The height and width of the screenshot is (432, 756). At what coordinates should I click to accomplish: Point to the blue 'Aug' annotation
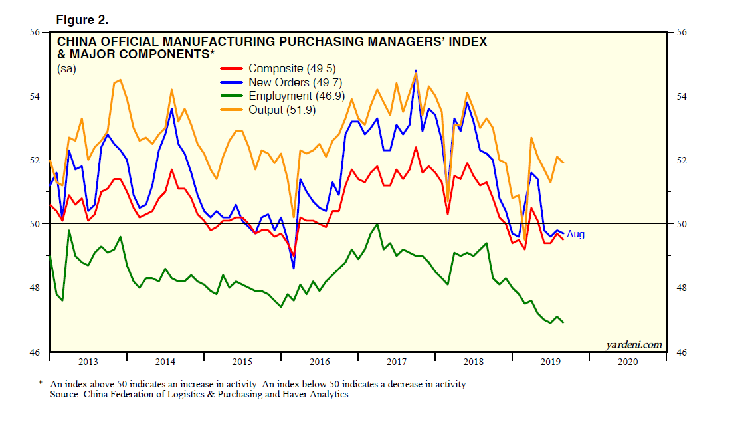[x=575, y=235]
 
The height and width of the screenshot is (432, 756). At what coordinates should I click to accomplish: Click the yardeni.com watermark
[x=634, y=344]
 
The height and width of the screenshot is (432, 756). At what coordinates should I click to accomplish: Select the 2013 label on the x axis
[x=88, y=362]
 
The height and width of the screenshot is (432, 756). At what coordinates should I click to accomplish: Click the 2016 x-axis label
[x=320, y=362]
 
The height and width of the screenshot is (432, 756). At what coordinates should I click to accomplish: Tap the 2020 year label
[x=627, y=362]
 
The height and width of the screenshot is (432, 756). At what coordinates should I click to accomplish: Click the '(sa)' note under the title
[x=66, y=68]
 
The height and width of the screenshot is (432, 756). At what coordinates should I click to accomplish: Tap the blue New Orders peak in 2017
[x=416, y=70]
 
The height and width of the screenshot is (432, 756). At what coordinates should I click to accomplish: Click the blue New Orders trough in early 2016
[x=294, y=268]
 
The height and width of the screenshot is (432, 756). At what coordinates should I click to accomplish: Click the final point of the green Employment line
[x=564, y=322]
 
